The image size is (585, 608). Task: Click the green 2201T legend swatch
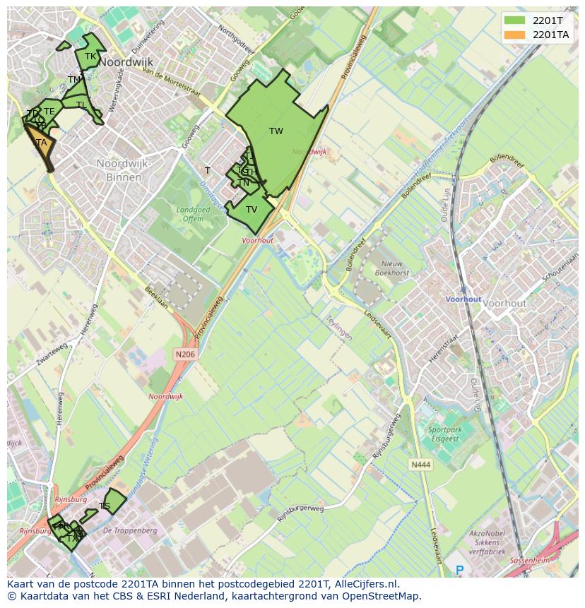tap(515, 20)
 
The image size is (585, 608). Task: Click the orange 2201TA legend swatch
tap(515, 34)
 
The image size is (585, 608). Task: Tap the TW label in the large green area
tap(276, 131)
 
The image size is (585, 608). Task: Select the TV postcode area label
tap(252, 210)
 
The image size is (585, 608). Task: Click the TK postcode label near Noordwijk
tap(90, 56)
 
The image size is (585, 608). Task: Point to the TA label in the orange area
tap(42, 143)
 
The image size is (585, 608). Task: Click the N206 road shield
tap(184, 354)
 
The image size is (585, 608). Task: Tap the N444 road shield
tap(420, 464)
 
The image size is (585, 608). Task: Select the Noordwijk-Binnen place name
tap(124, 170)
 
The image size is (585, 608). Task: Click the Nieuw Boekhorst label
tap(392, 268)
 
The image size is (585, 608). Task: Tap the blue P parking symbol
tap(460, 570)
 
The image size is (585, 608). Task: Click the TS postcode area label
tap(105, 506)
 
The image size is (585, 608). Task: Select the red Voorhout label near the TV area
tap(257, 241)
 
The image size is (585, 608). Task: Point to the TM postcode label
tap(74, 80)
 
